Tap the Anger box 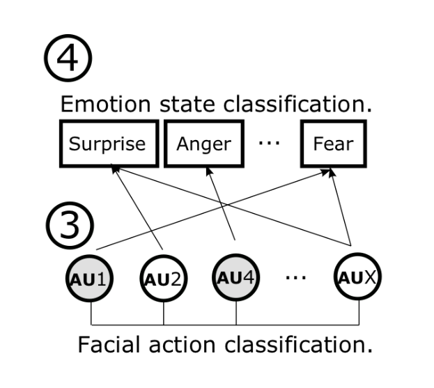203,144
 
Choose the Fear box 332,144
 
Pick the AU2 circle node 164,279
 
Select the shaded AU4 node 236,279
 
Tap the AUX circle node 358,279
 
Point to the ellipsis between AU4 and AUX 296,277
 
